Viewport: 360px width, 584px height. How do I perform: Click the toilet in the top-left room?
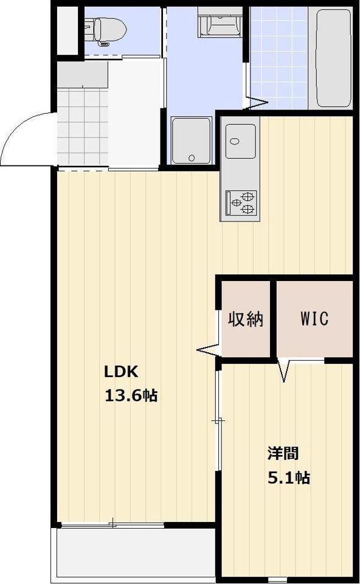(106, 31)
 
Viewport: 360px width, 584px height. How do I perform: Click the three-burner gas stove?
(241, 203)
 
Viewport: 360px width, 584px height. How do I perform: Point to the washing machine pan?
(192, 141)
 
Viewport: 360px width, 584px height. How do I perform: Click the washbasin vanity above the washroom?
(219, 22)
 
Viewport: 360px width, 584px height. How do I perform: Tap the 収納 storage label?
(246, 319)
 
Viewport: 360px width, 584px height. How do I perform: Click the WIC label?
(314, 318)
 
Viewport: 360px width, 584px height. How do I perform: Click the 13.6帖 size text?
(131, 395)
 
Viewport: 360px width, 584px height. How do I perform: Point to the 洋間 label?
(283, 453)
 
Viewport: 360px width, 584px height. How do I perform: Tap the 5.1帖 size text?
(289, 477)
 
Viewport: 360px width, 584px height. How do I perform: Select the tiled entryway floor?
(83, 127)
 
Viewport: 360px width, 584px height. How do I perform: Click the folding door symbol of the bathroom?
(256, 103)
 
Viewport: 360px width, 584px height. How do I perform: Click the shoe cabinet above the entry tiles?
(83, 74)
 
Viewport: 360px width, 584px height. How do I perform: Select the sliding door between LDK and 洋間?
(218, 421)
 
